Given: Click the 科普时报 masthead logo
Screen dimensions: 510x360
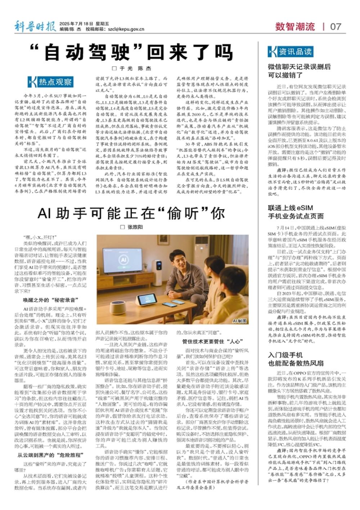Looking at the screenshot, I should [x=35, y=26].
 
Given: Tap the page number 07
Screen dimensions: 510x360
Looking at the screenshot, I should [x=335, y=26].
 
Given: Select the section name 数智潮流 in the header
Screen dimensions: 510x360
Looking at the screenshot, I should [x=295, y=26].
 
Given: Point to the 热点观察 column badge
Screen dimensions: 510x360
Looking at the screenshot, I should [x=50, y=82].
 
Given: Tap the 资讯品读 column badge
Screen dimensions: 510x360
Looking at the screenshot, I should [x=290, y=52].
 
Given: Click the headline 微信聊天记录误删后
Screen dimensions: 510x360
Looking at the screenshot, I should [x=299, y=67].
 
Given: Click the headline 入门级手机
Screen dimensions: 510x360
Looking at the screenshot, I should [x=285, y=355].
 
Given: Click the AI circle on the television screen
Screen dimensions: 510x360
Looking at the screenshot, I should [x=124, y=259].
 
